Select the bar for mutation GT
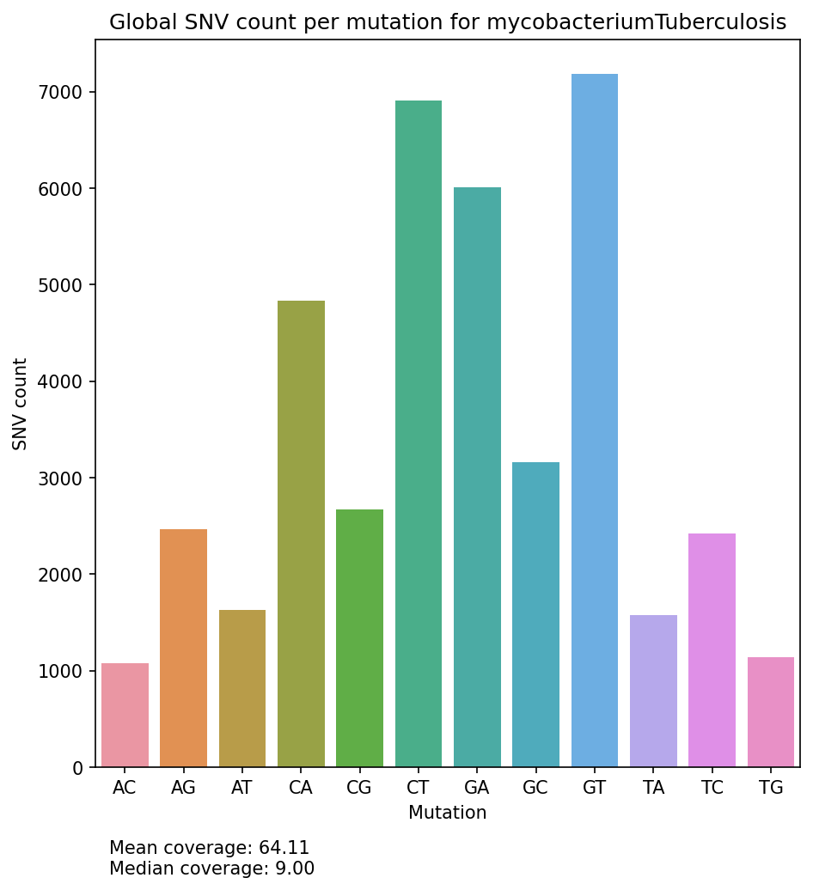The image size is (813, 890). click(595, 421)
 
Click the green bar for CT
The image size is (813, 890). click(419, 434)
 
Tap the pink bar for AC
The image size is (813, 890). click(125, 715)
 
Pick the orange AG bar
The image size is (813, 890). click(183, 648)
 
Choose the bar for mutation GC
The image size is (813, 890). click(535, 614)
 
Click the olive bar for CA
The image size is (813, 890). click(301, 533)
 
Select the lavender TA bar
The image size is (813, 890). click(653, 691)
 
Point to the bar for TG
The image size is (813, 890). click(771, 712)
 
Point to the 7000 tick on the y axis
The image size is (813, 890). click(65, 93)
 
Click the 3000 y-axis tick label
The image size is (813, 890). click(65, 479)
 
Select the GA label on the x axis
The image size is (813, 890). click(477, 789)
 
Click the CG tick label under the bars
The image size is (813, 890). click(359, 789)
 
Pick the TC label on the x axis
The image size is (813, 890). click(712, 789)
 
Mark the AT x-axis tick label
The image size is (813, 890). click(241, 789)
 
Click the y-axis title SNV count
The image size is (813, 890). click(21, 404)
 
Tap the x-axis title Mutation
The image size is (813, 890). click(447, 813)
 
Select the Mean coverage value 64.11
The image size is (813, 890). click(284, 849)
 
